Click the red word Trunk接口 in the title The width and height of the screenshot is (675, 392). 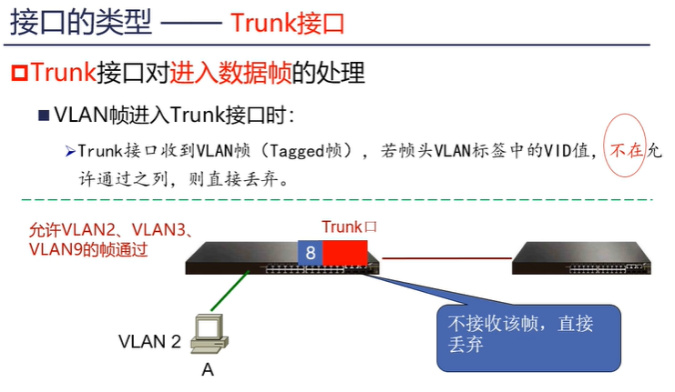coord(288,23)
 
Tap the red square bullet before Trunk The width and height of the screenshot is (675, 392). coord(18,71)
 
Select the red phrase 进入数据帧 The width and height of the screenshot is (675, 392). coord(222,71)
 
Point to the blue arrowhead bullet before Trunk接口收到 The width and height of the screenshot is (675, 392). coord(69,150)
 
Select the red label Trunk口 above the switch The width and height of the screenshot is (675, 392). coord(349,226)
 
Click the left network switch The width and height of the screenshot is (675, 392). coord(237,257)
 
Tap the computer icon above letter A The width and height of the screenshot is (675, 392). coord(208,334)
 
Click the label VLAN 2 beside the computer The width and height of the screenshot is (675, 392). coord(149,342)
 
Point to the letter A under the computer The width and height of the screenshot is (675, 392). coord(208,371)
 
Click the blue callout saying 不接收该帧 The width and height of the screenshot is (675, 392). coord(528,337)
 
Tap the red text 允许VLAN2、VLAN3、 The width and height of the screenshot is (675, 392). coord(109,231)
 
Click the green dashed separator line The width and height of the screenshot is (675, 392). coord(328,199)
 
